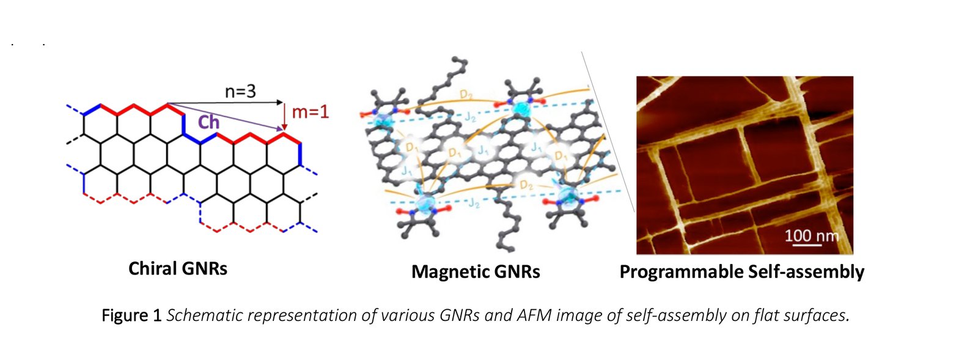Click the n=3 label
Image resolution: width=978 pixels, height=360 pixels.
pyautogui.click(x=240, y=92)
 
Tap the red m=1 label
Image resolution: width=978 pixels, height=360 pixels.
pyautogui.click(x=311, y=112)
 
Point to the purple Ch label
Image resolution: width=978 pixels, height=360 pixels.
pyautogui.click(x=208, y=122)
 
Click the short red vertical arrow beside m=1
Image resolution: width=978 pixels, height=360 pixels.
pyautogui.click(x=284, y=116)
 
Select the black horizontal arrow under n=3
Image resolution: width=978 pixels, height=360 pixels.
pyautogui.click(x=226, y=102)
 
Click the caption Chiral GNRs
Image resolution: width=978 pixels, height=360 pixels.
pyautogui.click(x=178, y=268)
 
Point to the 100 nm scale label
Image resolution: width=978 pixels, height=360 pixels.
pyautogui.click(x=811, y=235)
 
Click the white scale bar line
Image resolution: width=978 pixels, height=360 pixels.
pyautogui.click(x=807, y=246)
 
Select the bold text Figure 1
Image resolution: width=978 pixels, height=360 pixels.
pyautogui.click(x=131, y=315)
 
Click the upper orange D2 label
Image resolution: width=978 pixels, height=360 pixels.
pyautogui.click(x=466, y=94)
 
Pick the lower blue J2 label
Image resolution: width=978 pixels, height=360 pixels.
pyautogui.click(x=474, y=203)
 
